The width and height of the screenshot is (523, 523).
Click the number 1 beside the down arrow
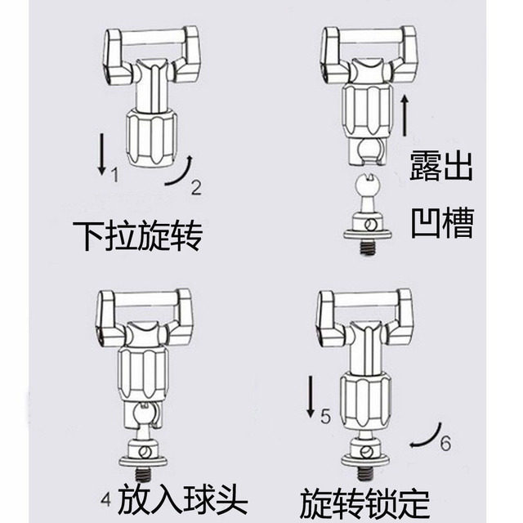point(114,174)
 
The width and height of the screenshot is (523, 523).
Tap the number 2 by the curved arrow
point(196,187)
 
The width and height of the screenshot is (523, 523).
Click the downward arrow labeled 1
point(100,154)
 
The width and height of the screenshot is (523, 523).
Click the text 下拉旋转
point(136,237)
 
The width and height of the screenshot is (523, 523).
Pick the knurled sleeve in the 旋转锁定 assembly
point(364,399)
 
